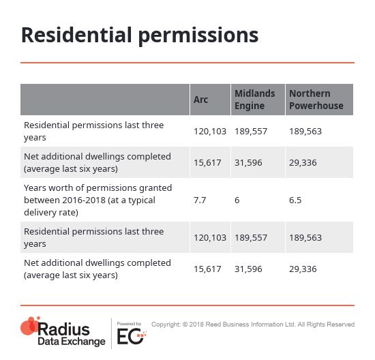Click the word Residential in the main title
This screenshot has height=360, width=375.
76,35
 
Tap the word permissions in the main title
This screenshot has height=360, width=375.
198,37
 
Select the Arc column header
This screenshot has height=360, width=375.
200,100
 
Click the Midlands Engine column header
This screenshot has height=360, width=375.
255,100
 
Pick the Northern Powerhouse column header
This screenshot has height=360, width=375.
316,100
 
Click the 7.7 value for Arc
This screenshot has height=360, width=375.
200,200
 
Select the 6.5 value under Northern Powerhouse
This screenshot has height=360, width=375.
295,200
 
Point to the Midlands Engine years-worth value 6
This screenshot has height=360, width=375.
237,200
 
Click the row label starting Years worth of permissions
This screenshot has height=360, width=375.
97,200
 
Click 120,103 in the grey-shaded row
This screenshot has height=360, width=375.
210,237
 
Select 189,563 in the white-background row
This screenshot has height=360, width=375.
305,131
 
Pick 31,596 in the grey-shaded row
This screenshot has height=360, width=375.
248,163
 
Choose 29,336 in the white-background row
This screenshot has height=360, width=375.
303,269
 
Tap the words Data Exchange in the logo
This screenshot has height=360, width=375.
72,342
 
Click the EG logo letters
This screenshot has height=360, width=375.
131,336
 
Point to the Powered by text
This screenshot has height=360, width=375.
129,324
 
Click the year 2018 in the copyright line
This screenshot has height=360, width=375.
196,325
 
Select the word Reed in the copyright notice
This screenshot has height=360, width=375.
212,325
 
